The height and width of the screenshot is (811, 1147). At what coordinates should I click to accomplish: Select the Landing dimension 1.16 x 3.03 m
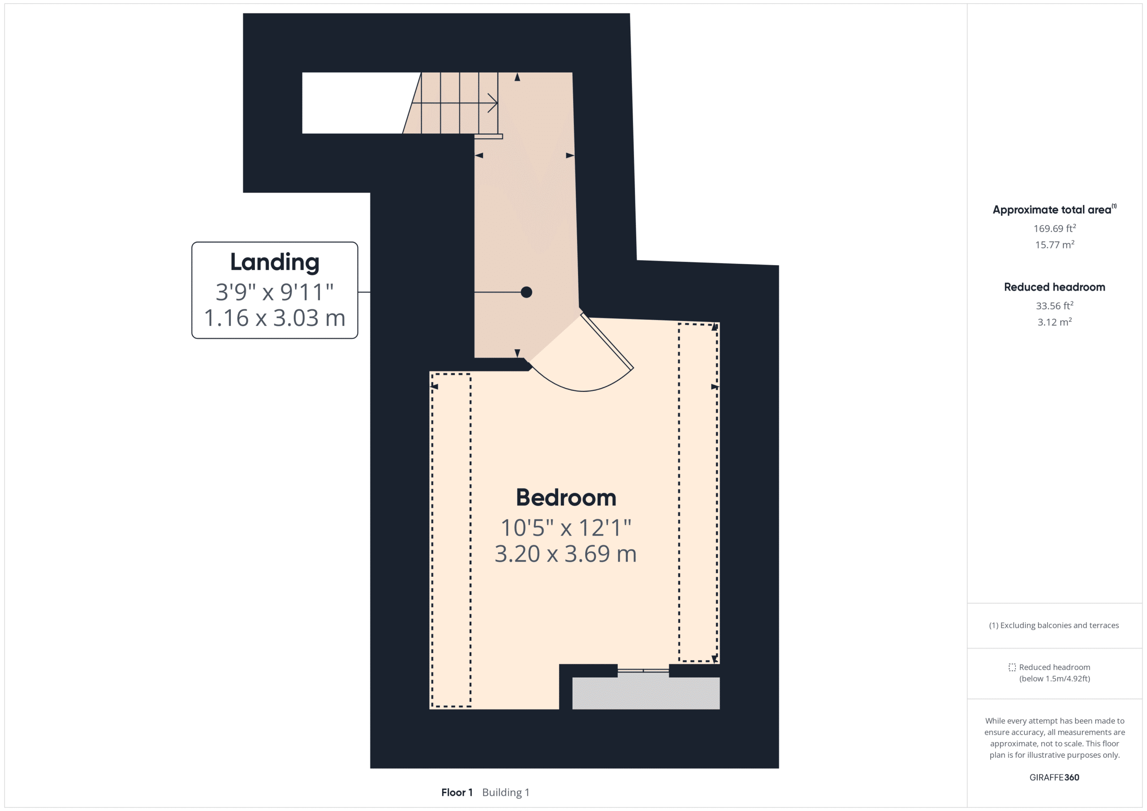274,318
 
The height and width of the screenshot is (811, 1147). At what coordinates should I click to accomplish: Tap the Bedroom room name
565,498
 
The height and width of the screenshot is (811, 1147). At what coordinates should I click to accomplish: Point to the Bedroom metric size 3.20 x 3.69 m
565,554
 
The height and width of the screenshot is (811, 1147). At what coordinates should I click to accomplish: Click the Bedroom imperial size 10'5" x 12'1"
565,528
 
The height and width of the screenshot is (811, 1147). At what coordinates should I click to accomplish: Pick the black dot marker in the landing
526,292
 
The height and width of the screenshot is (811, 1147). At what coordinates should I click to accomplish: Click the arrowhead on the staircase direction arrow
492,103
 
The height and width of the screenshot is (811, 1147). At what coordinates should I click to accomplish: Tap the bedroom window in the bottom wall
643,671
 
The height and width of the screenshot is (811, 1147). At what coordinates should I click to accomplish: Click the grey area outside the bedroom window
646,693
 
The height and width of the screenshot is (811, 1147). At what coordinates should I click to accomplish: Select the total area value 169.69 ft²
1054,228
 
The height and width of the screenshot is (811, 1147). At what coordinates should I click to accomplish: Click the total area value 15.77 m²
1054,245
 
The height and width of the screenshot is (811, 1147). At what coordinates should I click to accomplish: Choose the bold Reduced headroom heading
1054,287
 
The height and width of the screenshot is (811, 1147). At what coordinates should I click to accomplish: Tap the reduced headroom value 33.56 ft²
1054,305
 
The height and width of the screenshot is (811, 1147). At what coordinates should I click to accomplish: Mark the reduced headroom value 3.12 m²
1054,322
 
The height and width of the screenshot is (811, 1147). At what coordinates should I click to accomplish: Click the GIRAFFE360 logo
1054,777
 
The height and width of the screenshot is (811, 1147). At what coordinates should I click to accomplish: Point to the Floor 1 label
457,792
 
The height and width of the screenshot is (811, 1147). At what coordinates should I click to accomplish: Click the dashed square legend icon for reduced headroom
1012,667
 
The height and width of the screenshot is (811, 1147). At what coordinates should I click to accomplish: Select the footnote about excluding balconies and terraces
1054,625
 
